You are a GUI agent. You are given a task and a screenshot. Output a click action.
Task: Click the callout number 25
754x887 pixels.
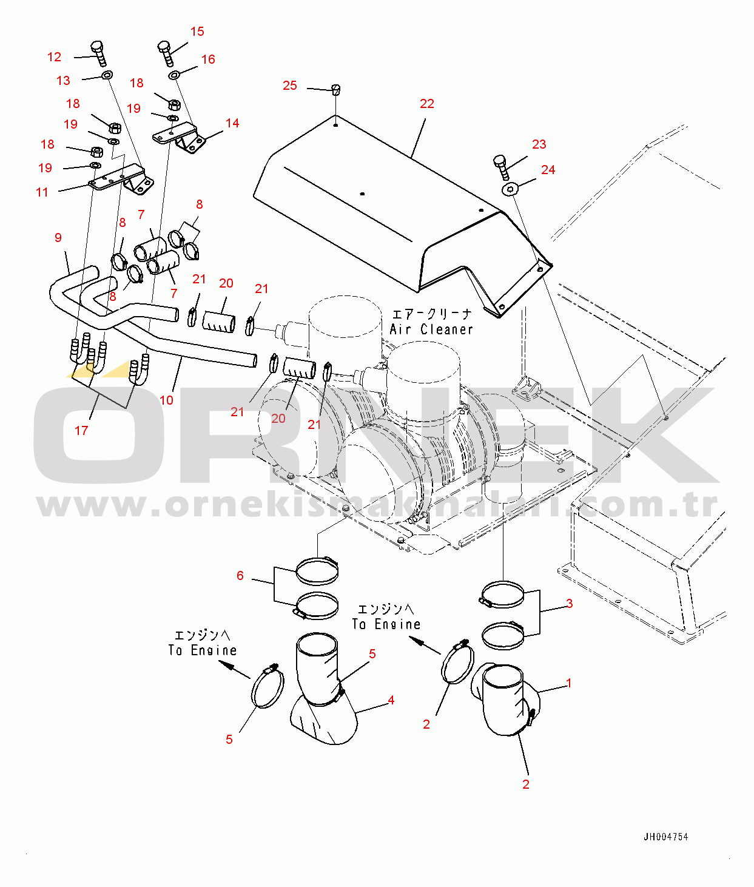[x=290, y=86]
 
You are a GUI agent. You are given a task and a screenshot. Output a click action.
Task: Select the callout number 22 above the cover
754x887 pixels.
[x=427, y=103]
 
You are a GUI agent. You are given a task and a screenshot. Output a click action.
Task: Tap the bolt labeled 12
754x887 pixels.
[x=98, y=53]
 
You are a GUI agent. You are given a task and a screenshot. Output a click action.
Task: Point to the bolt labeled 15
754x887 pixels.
[x=166, y=53]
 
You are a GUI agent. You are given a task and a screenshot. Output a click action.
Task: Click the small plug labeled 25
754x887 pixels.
[x=336, y=90]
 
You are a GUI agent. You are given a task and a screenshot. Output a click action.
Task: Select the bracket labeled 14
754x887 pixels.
[x=180, y=137]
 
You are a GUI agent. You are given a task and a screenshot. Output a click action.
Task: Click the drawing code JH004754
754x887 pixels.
[x=665, y=837]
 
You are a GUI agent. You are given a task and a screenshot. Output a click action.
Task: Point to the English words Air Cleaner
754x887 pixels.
[x=431, y=329]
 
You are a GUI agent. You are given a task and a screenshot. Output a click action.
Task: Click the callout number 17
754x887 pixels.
[x=81, y=430]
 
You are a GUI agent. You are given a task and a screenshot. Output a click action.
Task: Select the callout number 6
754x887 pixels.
[x=240, y=575]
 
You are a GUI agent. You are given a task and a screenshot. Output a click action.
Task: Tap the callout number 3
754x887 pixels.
[x=570, y=603]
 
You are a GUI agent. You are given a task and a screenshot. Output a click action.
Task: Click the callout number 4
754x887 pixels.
[x=391, y=700]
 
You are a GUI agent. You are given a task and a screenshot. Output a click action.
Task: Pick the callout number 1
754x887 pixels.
[x=568, y=683]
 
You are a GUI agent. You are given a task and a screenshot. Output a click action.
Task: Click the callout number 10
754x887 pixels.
[x=166, y=400]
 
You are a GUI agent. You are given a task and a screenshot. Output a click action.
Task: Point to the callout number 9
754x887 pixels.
[x=58, y=237]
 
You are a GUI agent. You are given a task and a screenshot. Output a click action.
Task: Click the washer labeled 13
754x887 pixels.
[x=107, y=75]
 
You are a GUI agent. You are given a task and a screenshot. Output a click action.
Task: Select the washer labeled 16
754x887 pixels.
[x=174, y=75]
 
